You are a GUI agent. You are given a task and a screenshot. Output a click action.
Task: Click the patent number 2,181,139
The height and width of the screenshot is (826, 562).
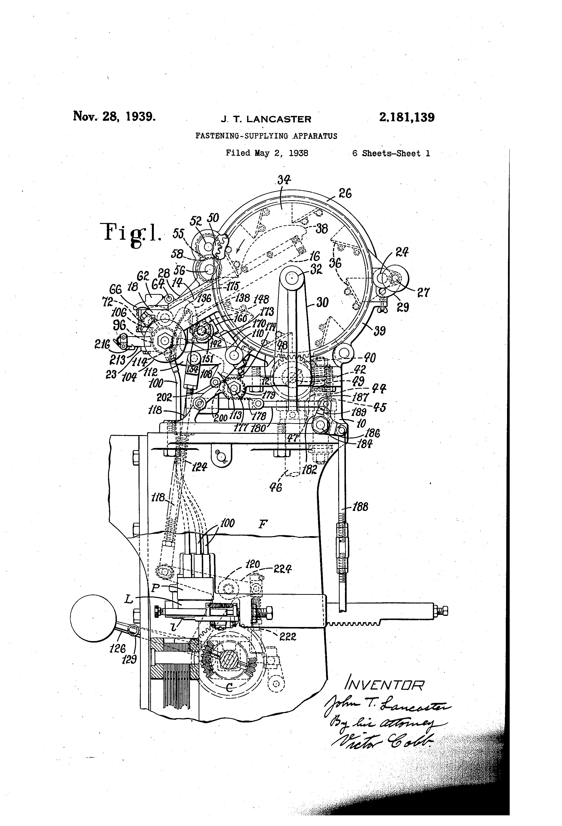click(x=407, y=117)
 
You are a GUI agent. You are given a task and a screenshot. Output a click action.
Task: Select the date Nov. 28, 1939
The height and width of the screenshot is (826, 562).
click(x=114, y=116)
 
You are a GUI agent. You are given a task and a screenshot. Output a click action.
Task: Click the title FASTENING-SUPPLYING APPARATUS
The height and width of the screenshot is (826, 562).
click(x=266, y=136)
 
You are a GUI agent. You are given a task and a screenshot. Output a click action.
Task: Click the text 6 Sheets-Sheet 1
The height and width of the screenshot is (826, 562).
click(x=391, y=154)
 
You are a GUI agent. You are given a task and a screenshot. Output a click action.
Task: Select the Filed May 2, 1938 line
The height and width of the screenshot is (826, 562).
click(x=267, y=153)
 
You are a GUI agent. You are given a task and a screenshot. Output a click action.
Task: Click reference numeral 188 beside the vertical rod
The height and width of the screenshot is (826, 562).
click(x=360, y=507)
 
